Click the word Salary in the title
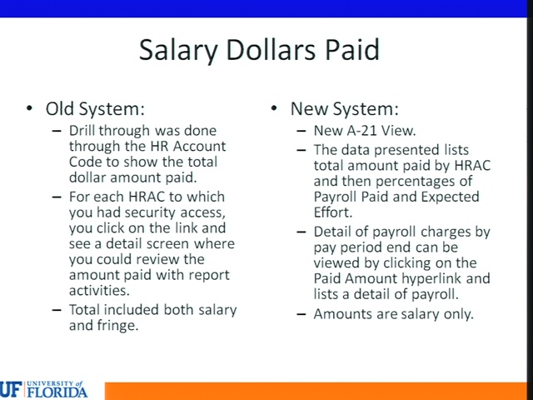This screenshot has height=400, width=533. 178,50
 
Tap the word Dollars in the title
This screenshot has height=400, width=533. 271,49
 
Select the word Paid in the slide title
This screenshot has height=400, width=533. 352,49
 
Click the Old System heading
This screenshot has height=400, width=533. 95,109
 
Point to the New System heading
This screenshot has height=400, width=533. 344,109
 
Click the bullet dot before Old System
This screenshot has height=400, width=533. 30,108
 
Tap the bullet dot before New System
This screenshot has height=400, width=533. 274,108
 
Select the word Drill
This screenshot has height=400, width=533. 82,130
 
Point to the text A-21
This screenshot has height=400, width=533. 361,131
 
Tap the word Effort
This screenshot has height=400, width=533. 333,212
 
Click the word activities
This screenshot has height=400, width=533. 99,291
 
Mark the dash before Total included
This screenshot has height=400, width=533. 57,310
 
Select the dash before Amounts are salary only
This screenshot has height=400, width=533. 301,314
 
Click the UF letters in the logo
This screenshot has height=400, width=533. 11,389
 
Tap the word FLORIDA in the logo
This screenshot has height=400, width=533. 57,392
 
